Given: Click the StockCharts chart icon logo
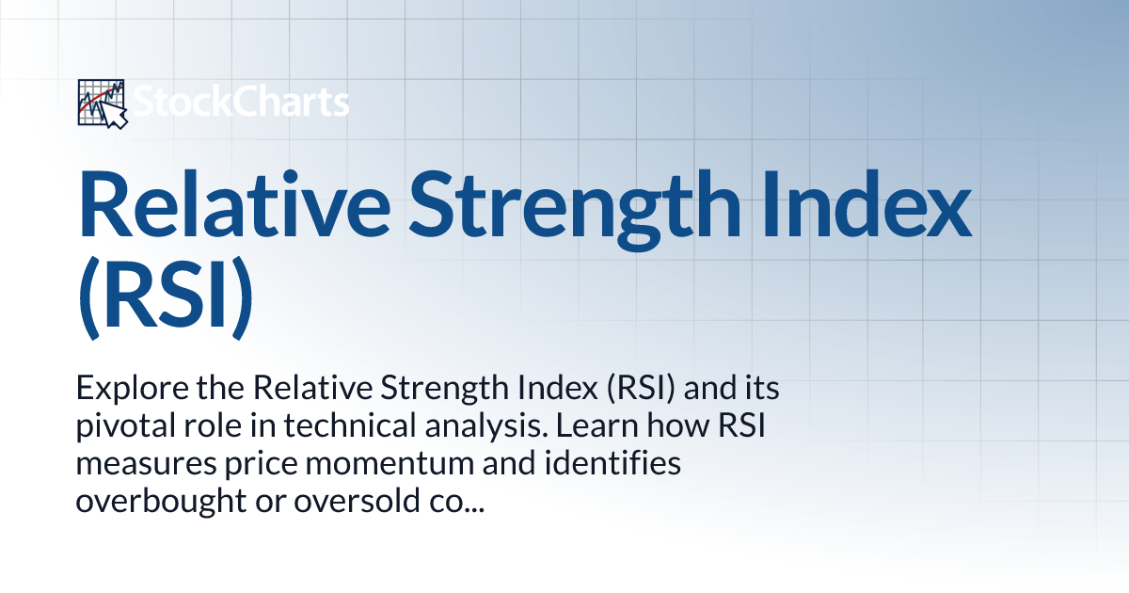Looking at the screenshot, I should pos(102,104).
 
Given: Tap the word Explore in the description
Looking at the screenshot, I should pos(124,388).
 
